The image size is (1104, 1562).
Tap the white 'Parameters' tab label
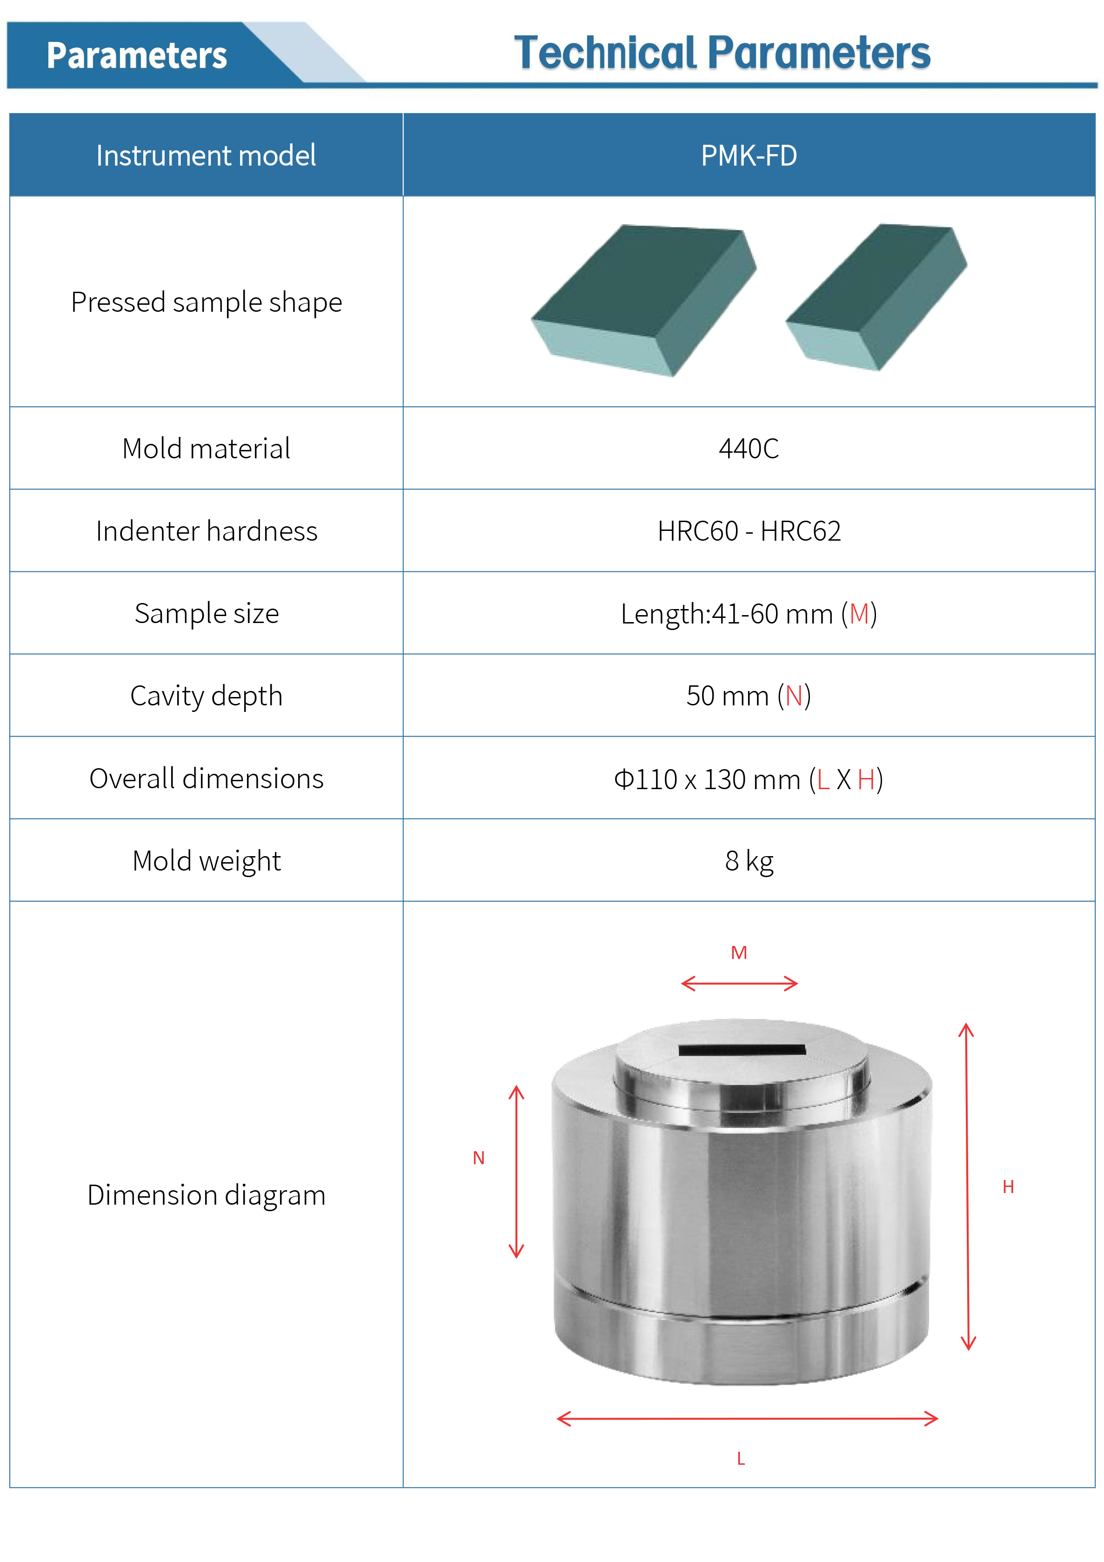coord(137,55)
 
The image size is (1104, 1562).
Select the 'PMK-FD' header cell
coord(749,155)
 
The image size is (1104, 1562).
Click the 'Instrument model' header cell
coord(206,155)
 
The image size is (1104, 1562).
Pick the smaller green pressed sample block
coord(876,297)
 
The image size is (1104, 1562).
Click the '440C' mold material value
coord(749,449)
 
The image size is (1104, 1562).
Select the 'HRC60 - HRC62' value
coord(749,530)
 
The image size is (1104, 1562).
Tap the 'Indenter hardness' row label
coord(206,530)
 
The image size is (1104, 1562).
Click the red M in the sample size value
coord(859,614)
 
